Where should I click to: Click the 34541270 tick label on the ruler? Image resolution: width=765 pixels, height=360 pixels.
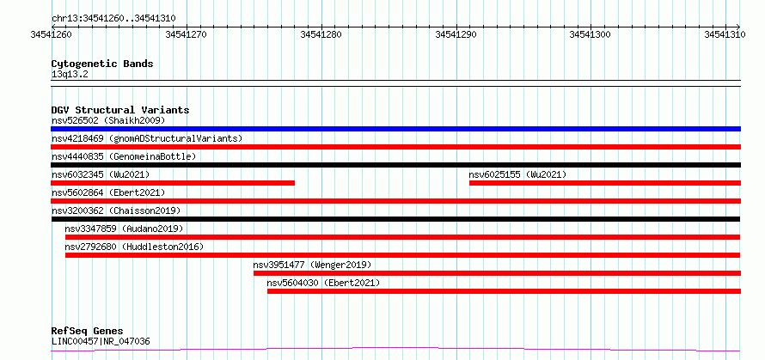point(187,34)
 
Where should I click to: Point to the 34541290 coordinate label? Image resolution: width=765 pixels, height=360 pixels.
point(456,34)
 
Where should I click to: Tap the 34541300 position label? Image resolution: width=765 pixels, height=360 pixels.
point(591,34)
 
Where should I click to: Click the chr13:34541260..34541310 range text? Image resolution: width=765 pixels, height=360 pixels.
point(113,19)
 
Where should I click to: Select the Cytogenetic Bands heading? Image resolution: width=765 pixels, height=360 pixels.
point(102,64)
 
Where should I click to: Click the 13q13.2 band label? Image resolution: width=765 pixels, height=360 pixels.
point(70,74)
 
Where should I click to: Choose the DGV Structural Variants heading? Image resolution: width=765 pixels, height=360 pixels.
point(120,110)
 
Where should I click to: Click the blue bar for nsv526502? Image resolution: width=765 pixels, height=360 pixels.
point(395,129)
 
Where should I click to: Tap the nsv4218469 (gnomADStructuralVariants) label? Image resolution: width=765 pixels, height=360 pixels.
point(147,138)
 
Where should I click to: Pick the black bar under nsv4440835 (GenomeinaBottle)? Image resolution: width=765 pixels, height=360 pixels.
point(395,165)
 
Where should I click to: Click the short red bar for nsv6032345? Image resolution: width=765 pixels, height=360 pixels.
point(173,183)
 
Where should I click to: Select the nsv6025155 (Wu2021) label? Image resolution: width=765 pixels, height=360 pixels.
point(517,174)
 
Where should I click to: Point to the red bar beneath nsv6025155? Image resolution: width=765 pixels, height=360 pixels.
point(605,183)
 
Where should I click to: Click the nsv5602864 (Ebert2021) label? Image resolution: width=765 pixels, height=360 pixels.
point(108,192)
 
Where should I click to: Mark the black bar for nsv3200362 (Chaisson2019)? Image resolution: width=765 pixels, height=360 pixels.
point(395,219)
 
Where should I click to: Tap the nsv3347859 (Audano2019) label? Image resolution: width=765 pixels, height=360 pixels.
point(124,229)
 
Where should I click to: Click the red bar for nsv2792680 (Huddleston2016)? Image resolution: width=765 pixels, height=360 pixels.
point(402,255)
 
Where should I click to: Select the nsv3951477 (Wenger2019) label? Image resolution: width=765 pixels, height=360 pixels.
point(312,265)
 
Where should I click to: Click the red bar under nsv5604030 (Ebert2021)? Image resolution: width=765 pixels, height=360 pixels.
point(504,291)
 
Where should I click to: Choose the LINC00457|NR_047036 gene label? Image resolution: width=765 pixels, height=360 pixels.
point(101,341)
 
